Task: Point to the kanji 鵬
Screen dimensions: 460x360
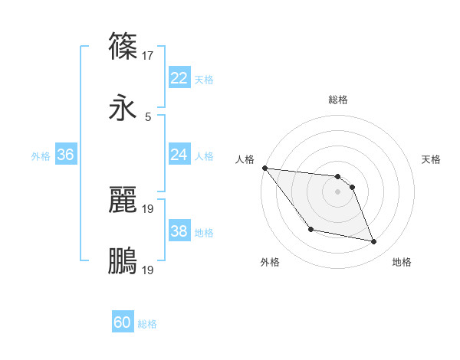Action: tap(123, 261)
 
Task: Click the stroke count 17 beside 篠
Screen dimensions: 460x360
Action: tap(149, 55)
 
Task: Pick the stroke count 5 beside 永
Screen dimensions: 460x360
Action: tap(148, 117)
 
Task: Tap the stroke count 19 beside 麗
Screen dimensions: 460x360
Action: tap(149, 208)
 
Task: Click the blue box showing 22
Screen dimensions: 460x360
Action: tap(179, 78)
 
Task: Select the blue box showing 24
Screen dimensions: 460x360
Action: tap(179, 155)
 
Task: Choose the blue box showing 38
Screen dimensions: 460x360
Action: tap(179, 231)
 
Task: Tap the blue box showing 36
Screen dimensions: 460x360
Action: tap(65, 155)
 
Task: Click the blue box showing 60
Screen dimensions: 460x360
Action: tap(123, 323)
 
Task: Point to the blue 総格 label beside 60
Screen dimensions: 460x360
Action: tap(148, 324)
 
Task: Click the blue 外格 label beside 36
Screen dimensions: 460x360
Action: tap(41, 155)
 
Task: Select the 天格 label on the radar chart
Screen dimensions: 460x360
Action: tap(432, 159)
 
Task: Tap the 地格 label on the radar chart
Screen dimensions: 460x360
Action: tap(402, 262)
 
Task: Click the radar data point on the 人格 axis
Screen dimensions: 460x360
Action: tap(264, 168)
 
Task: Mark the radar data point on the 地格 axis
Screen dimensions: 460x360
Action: tap(374, 242)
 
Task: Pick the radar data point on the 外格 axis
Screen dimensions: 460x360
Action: tap(310, 229)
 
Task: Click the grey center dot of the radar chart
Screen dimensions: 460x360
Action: tap(337, 191)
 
